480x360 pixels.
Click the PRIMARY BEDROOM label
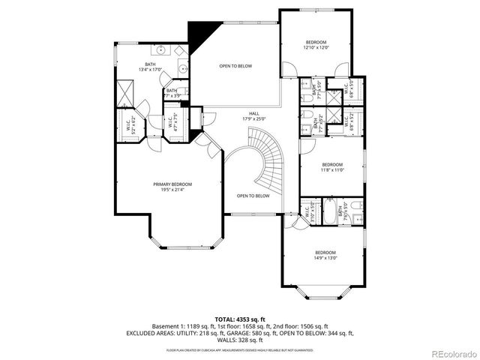coord(172,186)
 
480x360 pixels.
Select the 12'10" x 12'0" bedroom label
coord(315,44)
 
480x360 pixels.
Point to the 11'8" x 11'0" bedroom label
coord(332,167)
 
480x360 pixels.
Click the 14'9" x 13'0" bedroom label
coord(325,255)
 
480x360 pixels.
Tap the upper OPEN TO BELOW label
coord(235,66)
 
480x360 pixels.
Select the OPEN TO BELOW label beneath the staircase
coord(253,196)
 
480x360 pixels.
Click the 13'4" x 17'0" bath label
coord(150,67)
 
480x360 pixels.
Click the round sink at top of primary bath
coord(161,50)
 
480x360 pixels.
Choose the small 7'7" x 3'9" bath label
coord(172,93)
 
